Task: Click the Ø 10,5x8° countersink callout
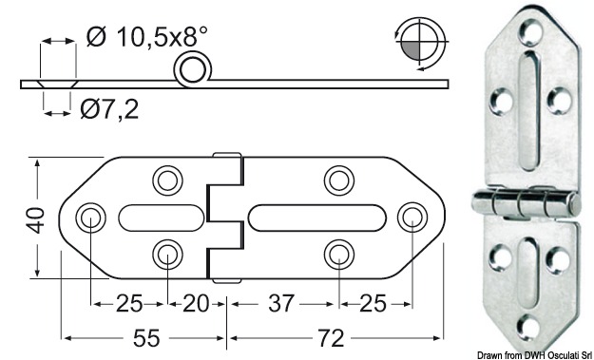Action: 146,37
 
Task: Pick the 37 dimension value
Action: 282,304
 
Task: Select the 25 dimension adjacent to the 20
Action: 128,304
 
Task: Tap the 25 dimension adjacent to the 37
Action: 373,304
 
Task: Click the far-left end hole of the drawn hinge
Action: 91,217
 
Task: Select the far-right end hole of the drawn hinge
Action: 411,217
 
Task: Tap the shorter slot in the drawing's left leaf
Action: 159,217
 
